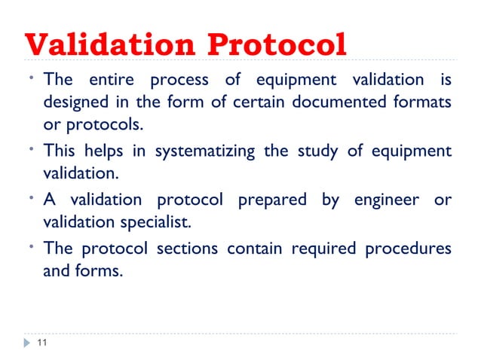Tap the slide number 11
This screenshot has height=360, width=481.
(41, 343)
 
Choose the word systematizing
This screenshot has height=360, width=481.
(206, 151)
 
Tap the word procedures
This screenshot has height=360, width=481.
(408, 249)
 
